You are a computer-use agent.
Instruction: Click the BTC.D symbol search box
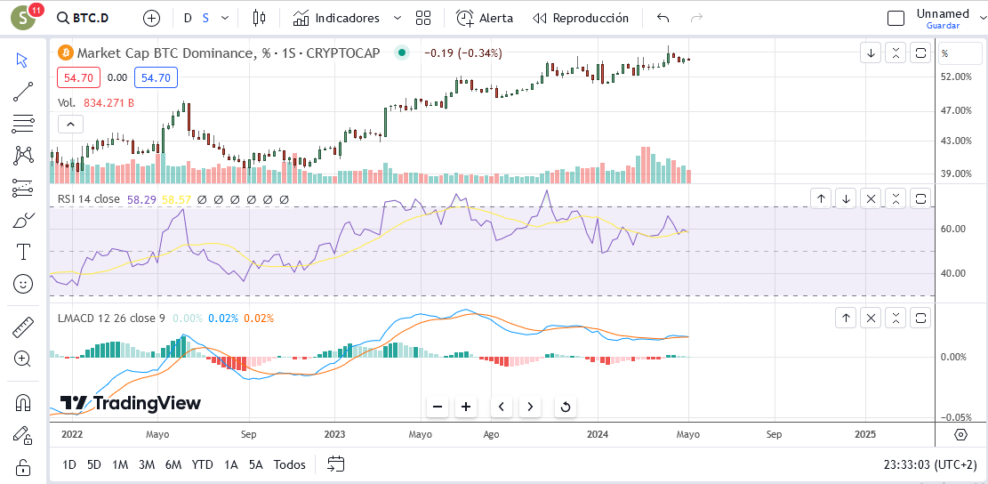(83, 18)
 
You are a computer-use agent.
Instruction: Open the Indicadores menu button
(336, 18)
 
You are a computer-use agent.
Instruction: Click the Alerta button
(485, 18)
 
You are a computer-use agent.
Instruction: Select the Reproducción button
(581, 18)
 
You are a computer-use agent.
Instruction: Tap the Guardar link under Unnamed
(944, 26)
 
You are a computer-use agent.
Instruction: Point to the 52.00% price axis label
(956, 77)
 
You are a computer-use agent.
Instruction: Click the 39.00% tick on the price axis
(956, 173)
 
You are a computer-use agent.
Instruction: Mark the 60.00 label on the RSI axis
(954, 229)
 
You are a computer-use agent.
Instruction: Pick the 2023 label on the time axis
(334, 434)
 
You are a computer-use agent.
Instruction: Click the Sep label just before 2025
(774, 434)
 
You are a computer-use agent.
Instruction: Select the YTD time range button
(202, 465)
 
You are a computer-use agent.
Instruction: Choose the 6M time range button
(173, 465)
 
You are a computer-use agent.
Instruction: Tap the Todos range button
(289, 465)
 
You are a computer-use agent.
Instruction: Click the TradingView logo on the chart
(131, 403)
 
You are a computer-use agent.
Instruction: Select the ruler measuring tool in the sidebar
(23, 327)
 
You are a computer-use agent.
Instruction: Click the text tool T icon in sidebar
(23, 252)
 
